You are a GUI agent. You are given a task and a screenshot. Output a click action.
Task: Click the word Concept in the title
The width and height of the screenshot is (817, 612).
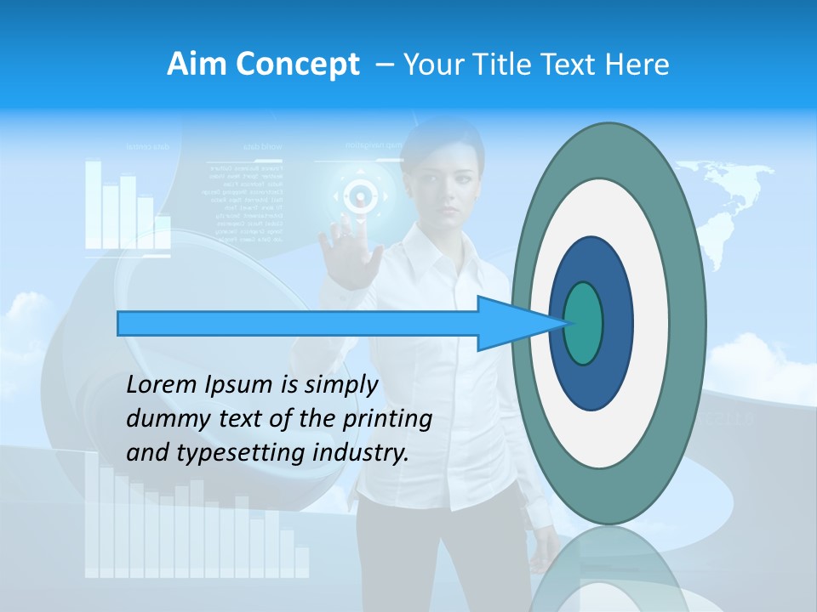[297, 65]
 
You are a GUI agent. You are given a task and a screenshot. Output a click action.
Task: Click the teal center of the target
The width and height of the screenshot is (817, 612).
[584, 323]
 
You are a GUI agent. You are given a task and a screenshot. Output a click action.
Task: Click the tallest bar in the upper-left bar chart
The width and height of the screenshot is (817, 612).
[93, 204]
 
